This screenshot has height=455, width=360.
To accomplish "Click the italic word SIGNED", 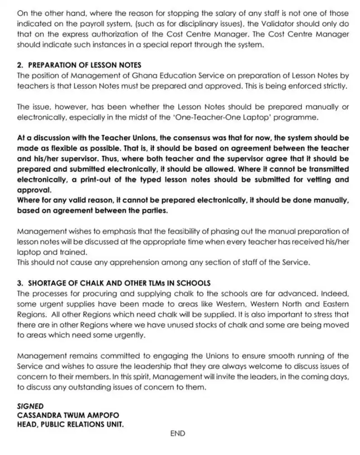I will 30,406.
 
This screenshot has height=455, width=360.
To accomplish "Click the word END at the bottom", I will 178,433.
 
